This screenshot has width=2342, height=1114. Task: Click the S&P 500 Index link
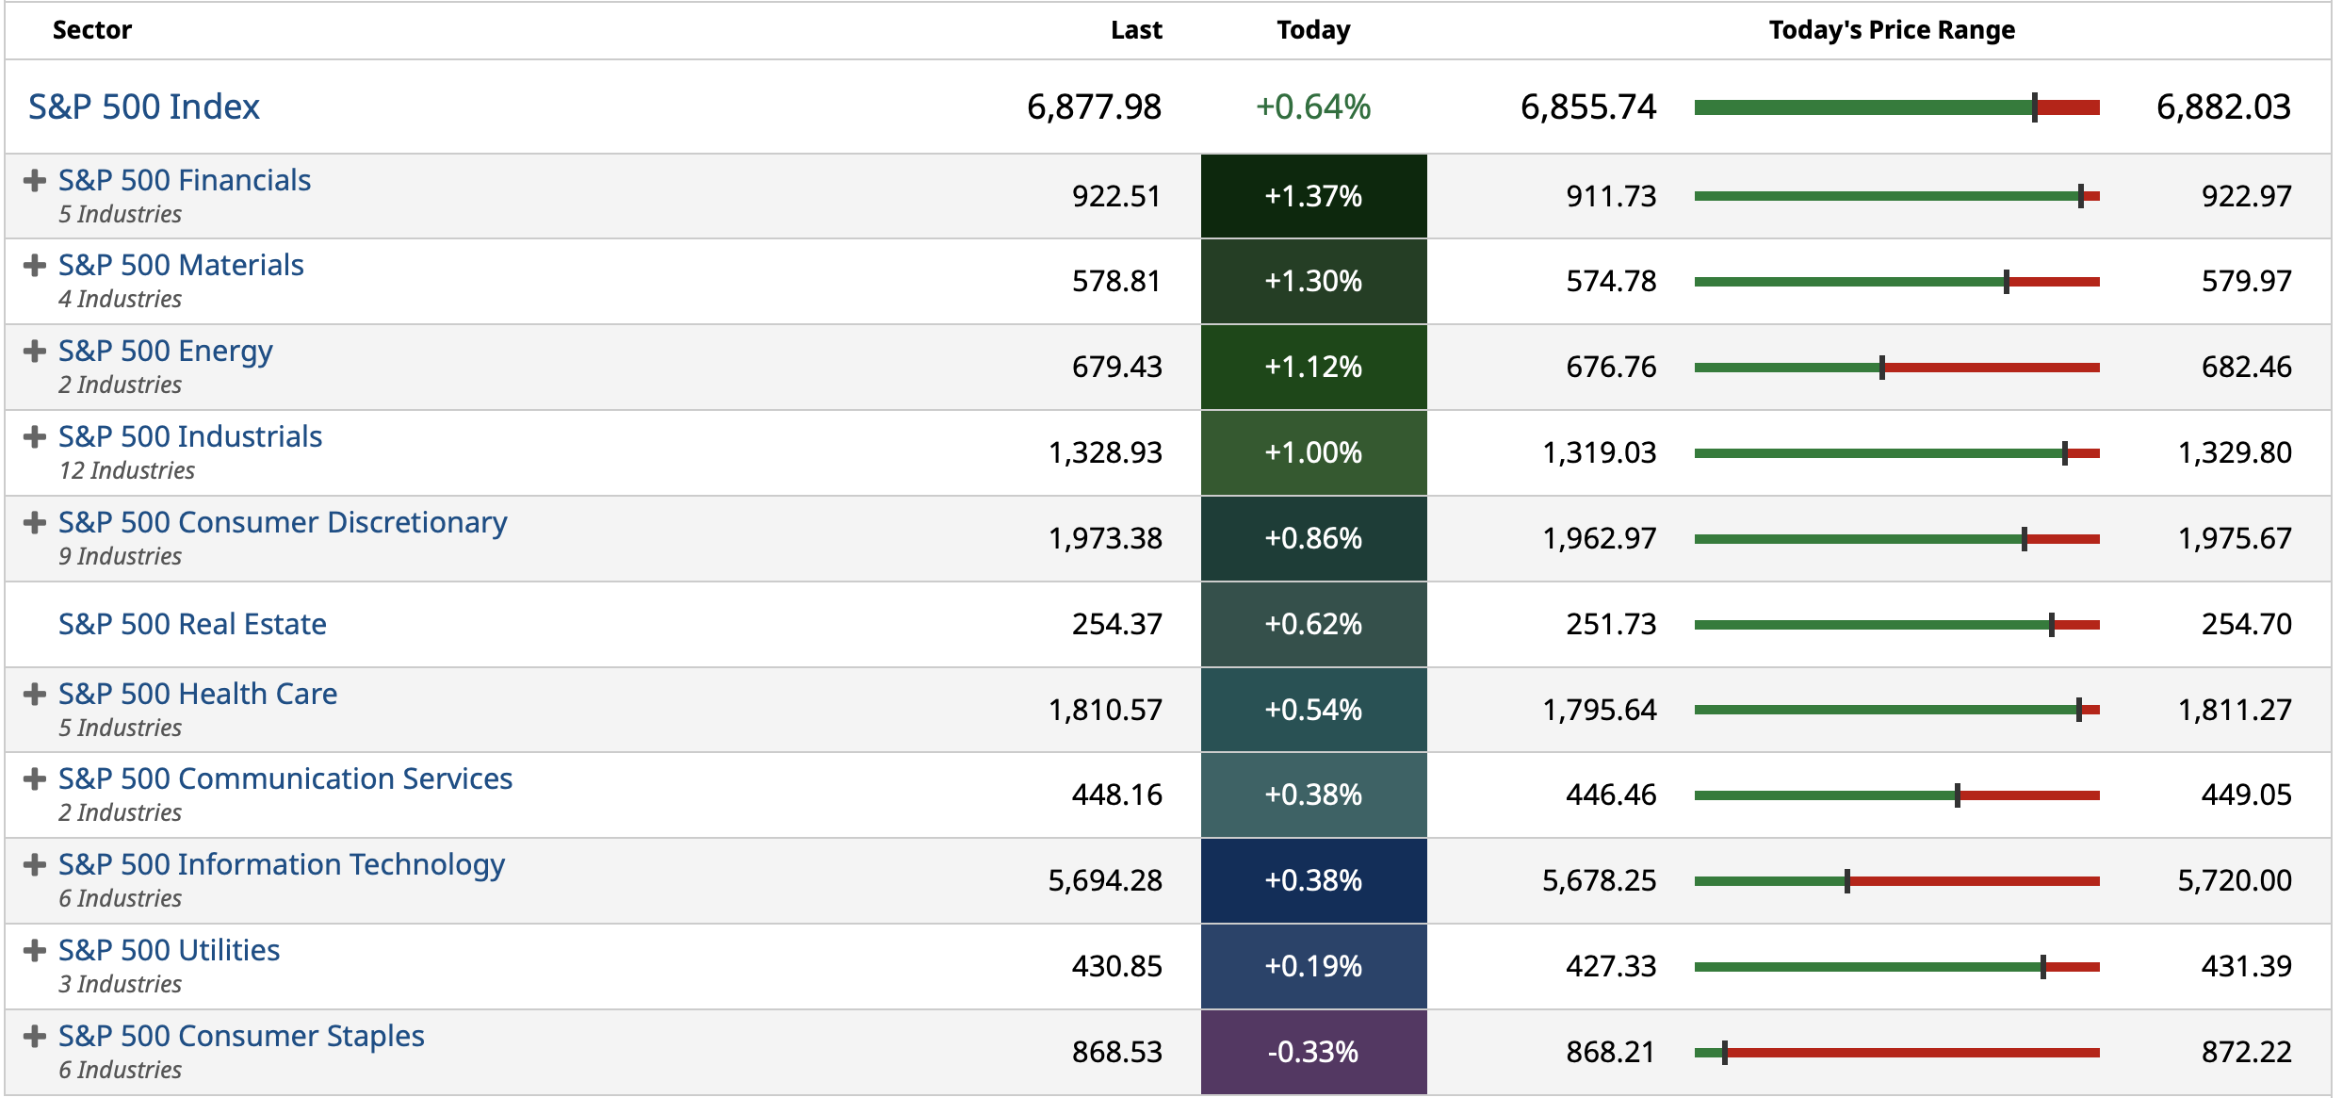click(x=143, y=106)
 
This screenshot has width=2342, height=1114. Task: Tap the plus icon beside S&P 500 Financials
click(x=35, y=180)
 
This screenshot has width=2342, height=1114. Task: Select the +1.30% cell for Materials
click(x=1313, y=281)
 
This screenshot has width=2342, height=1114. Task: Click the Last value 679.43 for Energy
click(x=1116, y=367)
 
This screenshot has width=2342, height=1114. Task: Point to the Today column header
click(x=1313, y=30)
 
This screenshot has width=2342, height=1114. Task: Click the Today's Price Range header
click(x=1892, y=30)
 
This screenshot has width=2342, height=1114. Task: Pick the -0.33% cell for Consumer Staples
click(x=1313, y=1052)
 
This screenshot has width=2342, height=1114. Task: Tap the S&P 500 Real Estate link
click(x=192, y=624)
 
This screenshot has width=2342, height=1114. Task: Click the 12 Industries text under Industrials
click(x=126, y=470)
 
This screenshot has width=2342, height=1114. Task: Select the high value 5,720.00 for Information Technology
click(x=2234, y=880)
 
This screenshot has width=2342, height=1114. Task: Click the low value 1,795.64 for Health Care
click(x=1599, y=710)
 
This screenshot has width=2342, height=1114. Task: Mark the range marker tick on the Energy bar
click(x=1882, y=368)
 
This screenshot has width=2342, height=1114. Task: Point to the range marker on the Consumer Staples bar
click(x=1725, y=1053)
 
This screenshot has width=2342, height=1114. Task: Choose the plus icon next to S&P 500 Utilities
click(x=35, y=950)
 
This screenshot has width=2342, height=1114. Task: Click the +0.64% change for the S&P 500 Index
click(x=1313, y=106)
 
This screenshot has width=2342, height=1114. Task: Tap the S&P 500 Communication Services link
click(x=285, y=778)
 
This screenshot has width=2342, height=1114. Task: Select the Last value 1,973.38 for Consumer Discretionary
click(x=1105, y=538)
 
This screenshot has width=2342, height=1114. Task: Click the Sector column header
click(x=92, y=30)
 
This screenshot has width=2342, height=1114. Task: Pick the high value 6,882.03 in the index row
click(x=2223, y=106)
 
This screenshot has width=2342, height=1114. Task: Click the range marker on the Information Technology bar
click(x=1847, y=881)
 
